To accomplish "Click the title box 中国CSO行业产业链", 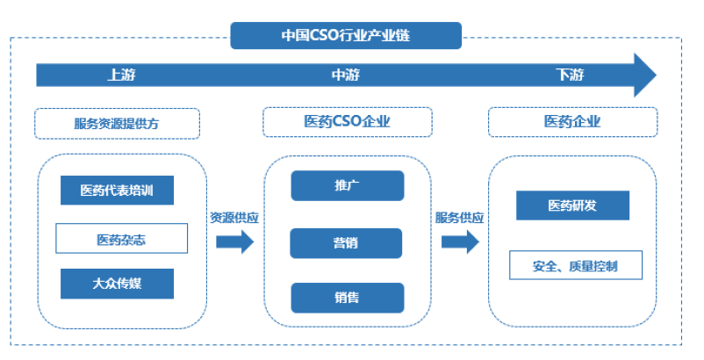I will tap(346, 36).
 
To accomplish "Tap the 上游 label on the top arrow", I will tap(121, 75).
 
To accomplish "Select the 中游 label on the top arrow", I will tap(345, 75).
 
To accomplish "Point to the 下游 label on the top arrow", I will tap(570, 75).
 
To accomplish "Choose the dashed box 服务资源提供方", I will tap(117, 123).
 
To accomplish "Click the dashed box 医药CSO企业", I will tap(347, 122).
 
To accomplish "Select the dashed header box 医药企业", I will tap(572, 122).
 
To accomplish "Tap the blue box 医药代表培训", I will tap(117, 191).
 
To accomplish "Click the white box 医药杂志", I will tap(121, 238).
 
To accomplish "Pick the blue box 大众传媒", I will tap(117, 284).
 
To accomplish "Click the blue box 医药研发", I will tap(572, 205).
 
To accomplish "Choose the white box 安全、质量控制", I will tap(575, 265).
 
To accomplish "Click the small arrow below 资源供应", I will tap(234, 241).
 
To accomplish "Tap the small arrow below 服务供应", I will tap(460, 241).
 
